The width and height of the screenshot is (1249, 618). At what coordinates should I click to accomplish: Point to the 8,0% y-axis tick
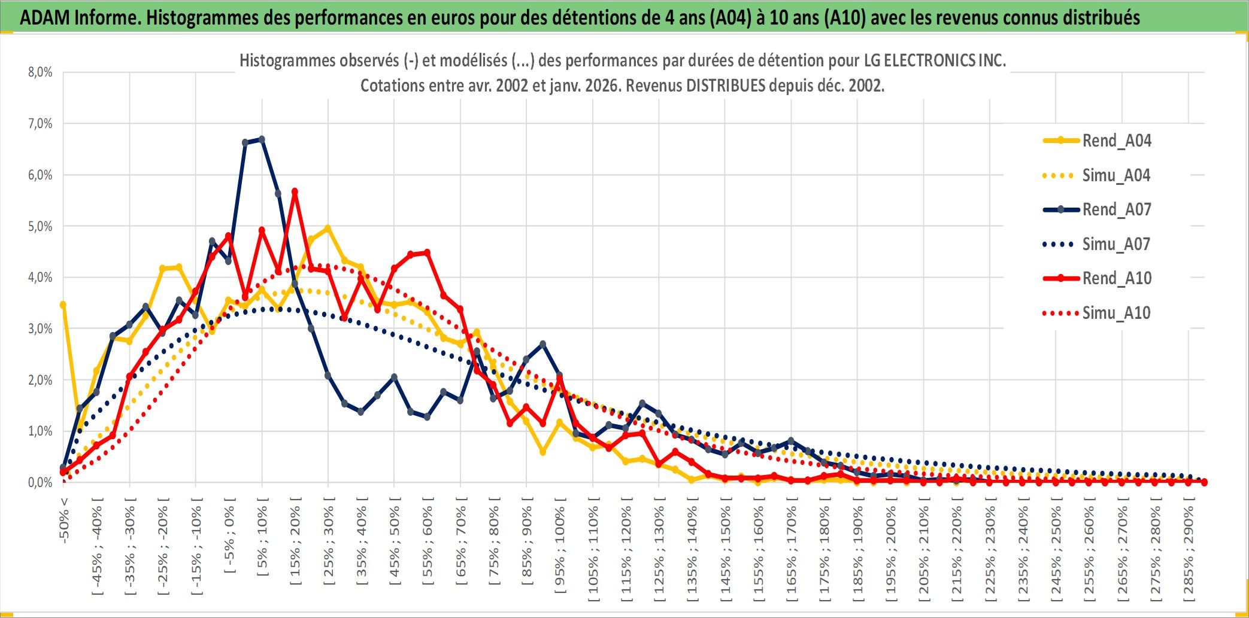point(40,72)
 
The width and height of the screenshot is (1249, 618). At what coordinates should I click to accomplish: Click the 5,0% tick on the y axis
point(40,227)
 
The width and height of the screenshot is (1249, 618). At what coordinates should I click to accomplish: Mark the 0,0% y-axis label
point(40,483)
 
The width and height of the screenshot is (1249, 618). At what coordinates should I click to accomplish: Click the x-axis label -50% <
point(64,520)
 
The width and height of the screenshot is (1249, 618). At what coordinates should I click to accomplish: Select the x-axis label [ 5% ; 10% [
point(262,541)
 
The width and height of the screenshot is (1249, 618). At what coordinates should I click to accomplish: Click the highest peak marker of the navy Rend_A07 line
point(262,139)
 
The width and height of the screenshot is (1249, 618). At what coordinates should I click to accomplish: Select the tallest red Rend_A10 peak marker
point(295,192)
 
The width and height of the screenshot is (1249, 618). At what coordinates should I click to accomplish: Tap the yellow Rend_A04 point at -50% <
point(63,305)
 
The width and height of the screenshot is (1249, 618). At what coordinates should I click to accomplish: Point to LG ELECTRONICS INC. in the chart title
point(935,60)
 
